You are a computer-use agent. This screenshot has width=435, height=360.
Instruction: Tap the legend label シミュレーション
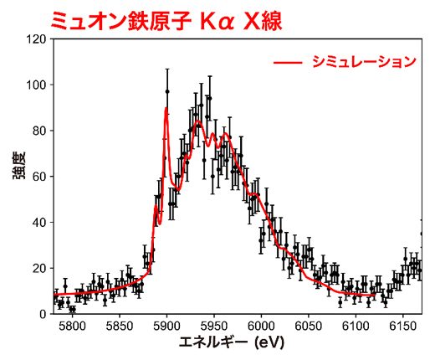[363, 62]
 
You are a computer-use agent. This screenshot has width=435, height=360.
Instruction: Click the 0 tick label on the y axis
[43, 314]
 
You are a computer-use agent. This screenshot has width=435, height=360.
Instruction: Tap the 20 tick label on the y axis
[40, 268]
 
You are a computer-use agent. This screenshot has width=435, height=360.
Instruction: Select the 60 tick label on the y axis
[40, 177]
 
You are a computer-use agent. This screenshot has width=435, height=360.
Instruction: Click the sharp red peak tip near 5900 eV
[166, 109]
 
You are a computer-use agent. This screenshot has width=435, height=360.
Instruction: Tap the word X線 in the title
[257, 20]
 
